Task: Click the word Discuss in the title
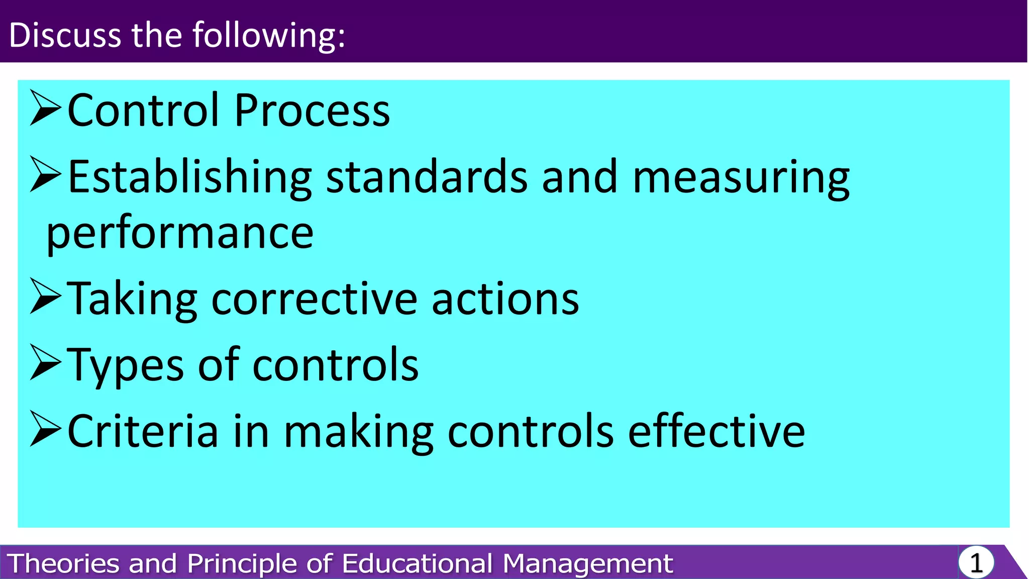coord(65,35)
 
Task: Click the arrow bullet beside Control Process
coord(45,108)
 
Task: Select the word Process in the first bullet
coord(312,110)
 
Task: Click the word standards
coord(427,177)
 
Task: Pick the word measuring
coord(741,177)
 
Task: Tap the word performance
coord(180,234)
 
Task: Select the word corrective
coord(315,299)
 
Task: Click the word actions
coord(505,299)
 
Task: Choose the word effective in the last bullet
coord(716,431)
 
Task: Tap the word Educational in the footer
coord(417,563)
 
